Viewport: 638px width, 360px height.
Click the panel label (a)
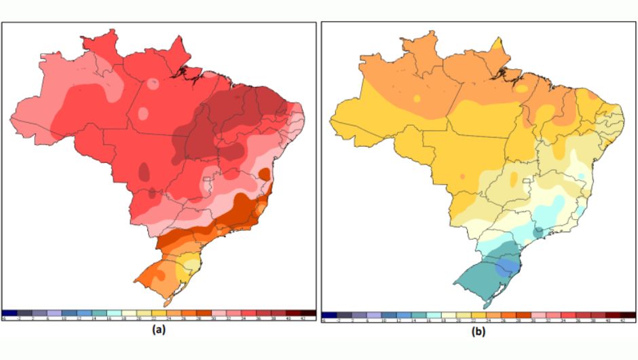[x=159, y=331]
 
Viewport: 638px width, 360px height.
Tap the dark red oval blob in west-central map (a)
[x=143, y=170]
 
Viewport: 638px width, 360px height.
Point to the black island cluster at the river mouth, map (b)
[x=500, y=70]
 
